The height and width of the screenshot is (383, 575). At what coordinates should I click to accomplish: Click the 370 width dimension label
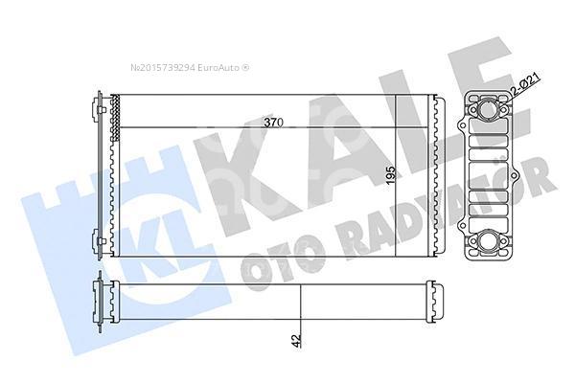[x=273, y=123]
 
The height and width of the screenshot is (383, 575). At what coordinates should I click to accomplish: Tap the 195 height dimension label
[x=391, y=175]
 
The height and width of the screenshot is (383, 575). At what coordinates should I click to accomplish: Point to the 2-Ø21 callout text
[x=525, y=84]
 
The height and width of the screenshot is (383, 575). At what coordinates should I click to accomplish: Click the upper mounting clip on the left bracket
[x=102, y=109]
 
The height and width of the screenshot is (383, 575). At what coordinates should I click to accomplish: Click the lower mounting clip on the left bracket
[x=102, y=240]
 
